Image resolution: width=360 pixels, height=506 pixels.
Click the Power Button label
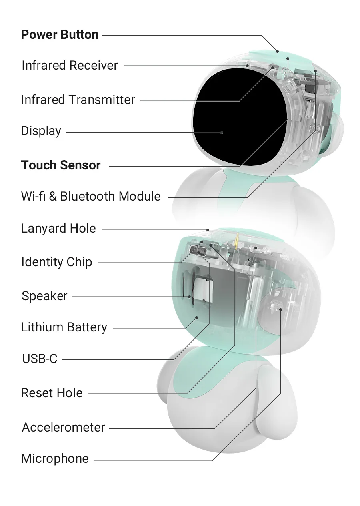[60, 35]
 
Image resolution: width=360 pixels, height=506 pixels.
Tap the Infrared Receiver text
[70, 65]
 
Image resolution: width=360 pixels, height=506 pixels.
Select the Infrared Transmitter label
[78, 100]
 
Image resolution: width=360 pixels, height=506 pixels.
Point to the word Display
[41, 131]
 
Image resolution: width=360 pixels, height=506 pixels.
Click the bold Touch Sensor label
[61, 165]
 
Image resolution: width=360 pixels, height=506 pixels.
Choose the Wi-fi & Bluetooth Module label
[91, 196]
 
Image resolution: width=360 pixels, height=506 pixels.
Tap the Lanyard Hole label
[58, 228]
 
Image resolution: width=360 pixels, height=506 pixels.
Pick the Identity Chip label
[57, 262]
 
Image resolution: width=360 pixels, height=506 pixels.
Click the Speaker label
[44, 296]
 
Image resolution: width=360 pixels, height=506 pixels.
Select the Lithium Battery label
[64, 327]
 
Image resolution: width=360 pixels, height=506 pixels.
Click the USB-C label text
[40, 359]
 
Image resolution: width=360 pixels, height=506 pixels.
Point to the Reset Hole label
[52, 393]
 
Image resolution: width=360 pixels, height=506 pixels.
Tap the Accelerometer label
[63, 427]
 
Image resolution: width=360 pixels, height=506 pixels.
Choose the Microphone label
[55, 459]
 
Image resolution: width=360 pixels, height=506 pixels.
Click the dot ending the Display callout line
[222, 133]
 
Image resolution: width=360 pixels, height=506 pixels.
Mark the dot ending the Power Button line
[278, 51]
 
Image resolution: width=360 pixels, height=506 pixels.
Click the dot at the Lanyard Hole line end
[208, 230]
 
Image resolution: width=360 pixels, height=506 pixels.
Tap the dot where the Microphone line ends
[281, 309]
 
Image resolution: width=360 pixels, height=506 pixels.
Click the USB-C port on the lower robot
[198, 250]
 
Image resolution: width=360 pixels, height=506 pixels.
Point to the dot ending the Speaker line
[190, 297]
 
